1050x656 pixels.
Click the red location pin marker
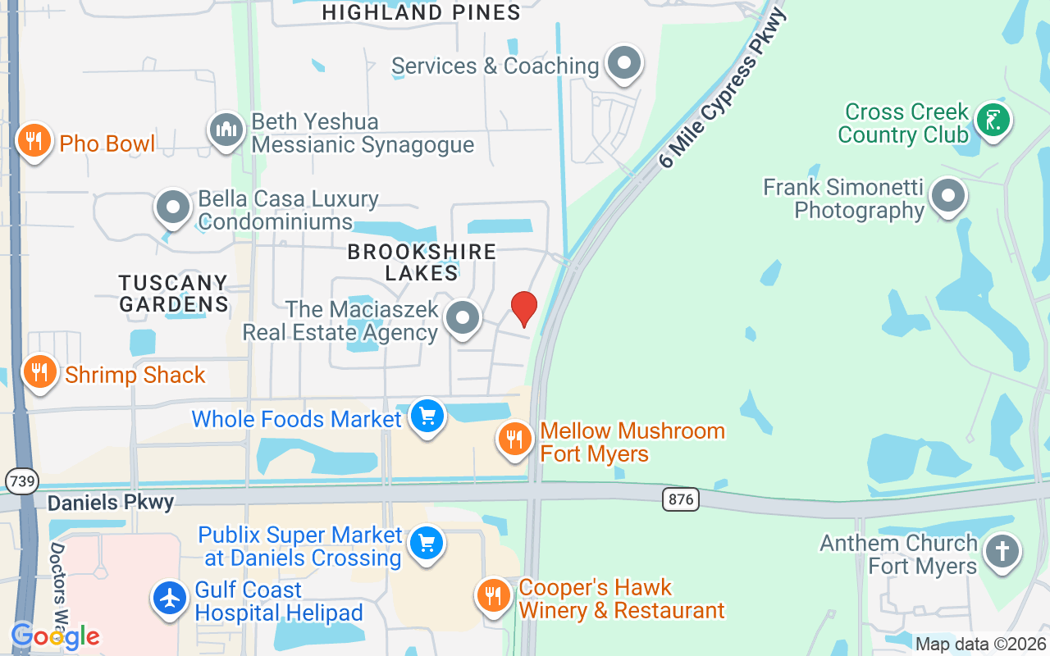point(523,309)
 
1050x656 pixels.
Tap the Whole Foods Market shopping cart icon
point(427,417)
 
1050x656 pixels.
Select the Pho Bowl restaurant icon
point(34,140)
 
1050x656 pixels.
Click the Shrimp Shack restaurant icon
point(39,372)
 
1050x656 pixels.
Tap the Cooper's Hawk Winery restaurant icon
point(493,596)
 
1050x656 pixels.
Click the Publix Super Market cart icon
point(426,544)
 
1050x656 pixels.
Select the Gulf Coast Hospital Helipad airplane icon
point(170,599)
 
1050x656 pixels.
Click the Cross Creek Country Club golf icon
point(993,121)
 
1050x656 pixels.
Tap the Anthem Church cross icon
point(1002,551)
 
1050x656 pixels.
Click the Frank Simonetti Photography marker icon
point(949,197)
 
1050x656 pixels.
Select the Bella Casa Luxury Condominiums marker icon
point(173,208)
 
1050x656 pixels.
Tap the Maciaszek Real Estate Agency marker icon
point(463,318)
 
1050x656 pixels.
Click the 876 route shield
point(681,499)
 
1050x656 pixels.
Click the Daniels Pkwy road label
point(111,502)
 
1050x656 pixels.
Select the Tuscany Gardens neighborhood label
point(173,294)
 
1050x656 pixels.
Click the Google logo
point(55,635)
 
